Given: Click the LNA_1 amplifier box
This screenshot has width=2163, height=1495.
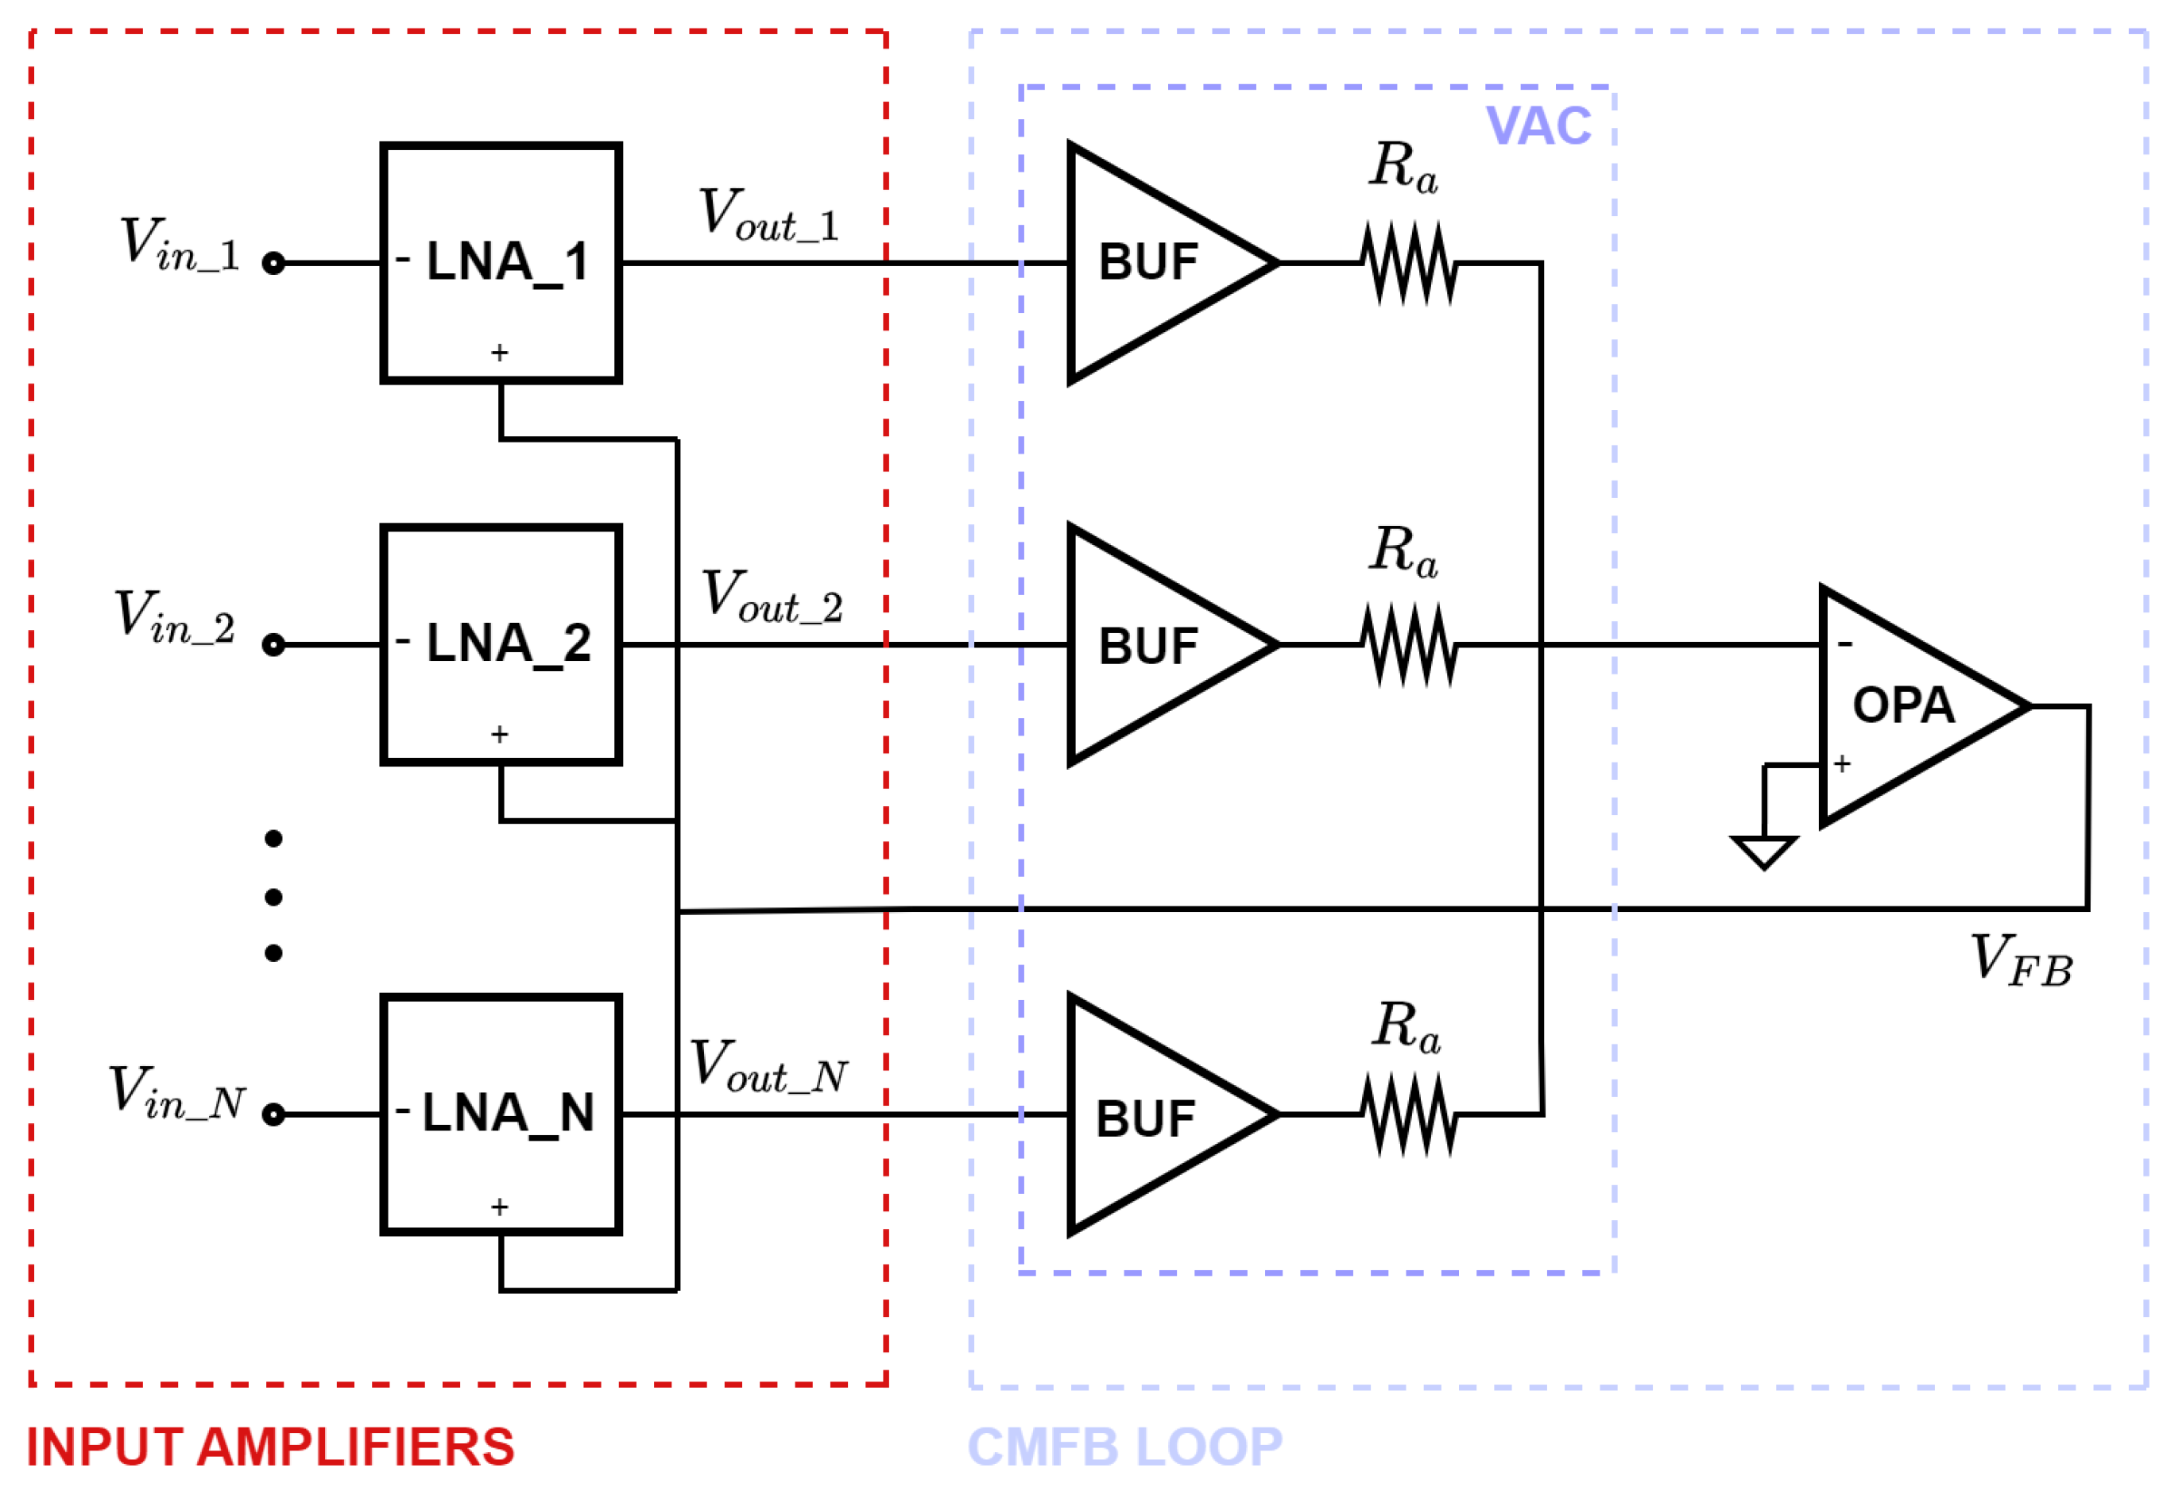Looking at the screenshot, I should click(x=501, y=263).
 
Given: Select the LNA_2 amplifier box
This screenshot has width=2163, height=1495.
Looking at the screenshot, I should click(x=501, y=645).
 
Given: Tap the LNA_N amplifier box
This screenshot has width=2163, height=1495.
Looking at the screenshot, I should click(x=501, y=1114).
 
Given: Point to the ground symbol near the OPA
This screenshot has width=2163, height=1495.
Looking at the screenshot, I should click(x=1764, y=851).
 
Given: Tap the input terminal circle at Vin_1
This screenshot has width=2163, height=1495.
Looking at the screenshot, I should click(x=273, y=263).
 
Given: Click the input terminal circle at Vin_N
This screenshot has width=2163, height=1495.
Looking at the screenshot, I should click(x=273, y=1114).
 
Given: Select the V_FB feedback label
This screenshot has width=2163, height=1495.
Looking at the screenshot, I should click(x=2022, y=961).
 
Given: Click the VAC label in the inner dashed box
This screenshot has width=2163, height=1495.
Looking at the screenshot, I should click(x=1538, y=126).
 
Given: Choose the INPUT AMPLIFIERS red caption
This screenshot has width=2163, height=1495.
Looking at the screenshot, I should click(x=271, y=1447).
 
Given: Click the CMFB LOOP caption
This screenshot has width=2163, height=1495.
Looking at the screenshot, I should click(x=1125, y=1447).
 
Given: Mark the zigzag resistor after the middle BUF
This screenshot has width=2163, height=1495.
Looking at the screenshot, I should click(x=1409, y=645).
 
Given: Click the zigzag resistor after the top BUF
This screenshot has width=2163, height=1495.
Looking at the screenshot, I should click(x=1409, y=263).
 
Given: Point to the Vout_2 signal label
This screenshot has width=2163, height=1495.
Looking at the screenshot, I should click(x=773, y=597).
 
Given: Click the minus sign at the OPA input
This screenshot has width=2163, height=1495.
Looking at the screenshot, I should click(x=1844, y=643).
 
